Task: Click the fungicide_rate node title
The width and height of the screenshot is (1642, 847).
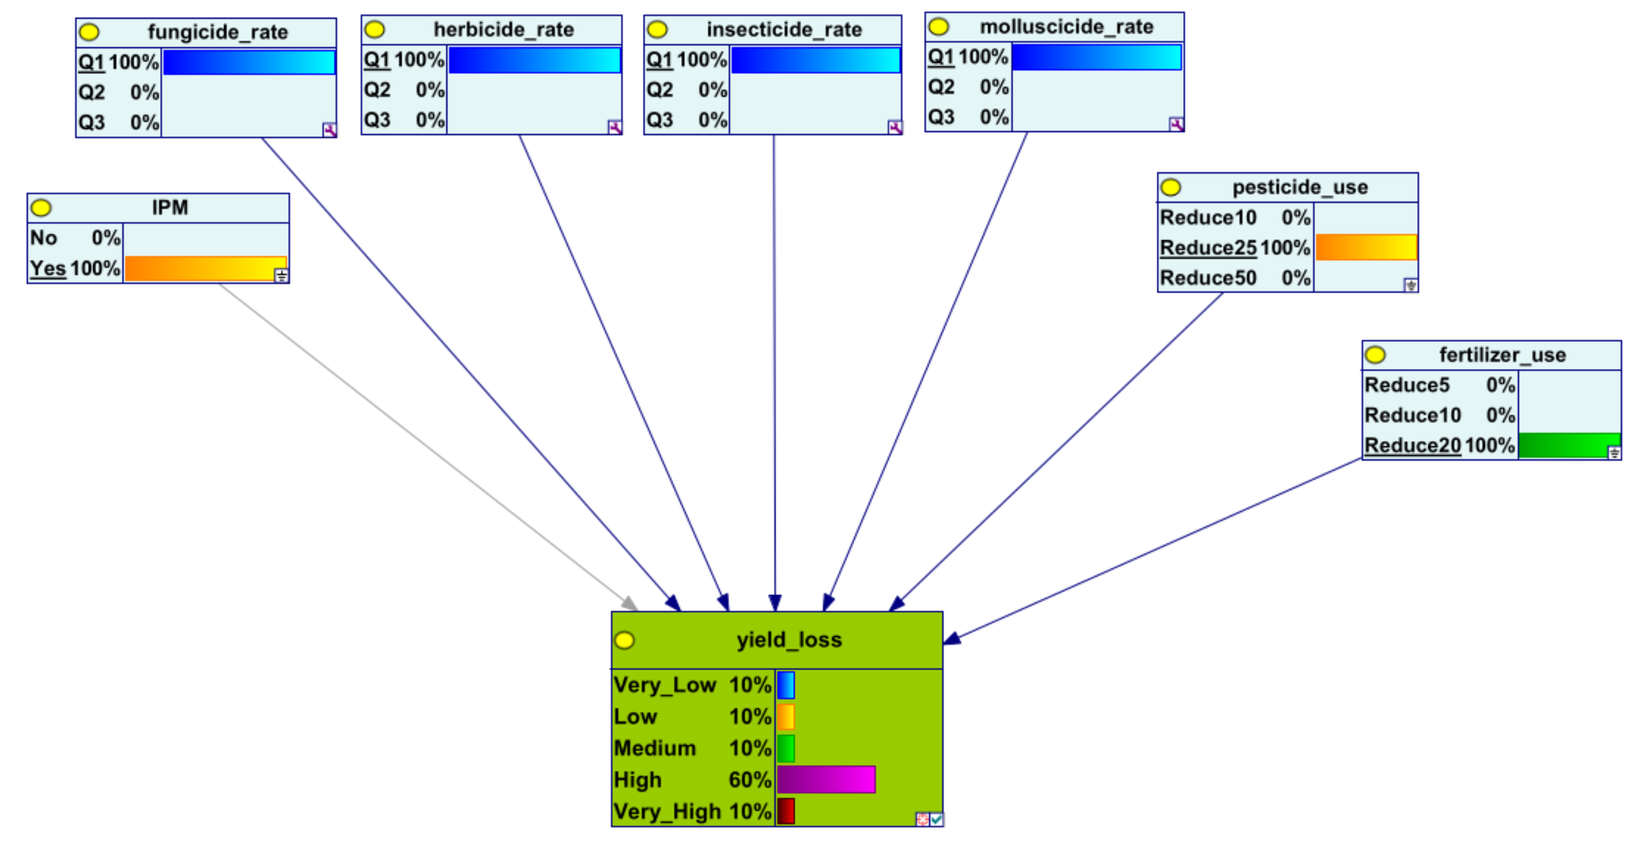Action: coord(217,32)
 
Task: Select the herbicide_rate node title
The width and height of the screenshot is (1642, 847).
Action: coord(504,30)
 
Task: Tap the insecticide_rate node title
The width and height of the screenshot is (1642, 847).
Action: coord(784,30)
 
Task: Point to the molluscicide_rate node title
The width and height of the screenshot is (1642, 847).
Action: coord(1066,26)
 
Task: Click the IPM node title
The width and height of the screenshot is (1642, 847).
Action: coord(169,208)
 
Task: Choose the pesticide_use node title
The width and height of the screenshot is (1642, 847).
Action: coord(1300,187)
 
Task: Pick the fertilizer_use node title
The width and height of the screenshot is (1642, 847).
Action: coord(1502,355)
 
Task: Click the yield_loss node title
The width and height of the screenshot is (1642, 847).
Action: coord(789,640)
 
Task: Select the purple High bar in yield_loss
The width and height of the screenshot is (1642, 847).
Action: coord(826,779)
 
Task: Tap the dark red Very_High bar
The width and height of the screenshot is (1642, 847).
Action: coord(786,811)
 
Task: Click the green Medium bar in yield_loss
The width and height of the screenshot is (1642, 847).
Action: coord(786,748)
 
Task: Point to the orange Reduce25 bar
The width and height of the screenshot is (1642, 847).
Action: coord(1366,247)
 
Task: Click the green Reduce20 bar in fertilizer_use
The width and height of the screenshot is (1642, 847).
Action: coord(1569,445)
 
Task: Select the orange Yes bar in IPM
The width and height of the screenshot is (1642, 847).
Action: coord(205,269)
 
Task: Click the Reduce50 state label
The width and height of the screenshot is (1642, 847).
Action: coord(1208,278)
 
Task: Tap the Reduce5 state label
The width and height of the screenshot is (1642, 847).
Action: coord(1407,385)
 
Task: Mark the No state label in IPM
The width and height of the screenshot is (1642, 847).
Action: coord(43,238)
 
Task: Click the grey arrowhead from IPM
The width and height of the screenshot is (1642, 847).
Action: coord(630,604)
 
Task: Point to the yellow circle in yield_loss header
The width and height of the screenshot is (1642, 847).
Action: coord(625,640)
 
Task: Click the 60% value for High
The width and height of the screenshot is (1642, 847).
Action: coord(750,779)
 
